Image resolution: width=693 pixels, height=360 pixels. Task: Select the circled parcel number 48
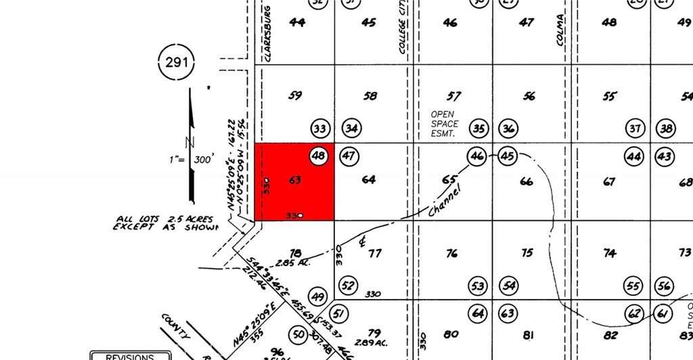coord(319,156)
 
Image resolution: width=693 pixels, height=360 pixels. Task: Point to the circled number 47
coord(349,156)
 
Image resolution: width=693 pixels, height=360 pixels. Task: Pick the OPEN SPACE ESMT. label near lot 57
coord(445,124)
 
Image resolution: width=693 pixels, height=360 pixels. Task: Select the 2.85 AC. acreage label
coord(292,262)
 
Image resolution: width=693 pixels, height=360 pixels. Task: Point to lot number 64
coord(368,180)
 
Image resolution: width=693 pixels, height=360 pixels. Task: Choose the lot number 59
coord(295,96)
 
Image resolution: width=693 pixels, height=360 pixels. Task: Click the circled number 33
coord(320,128)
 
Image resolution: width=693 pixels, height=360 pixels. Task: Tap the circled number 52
coord(349,286)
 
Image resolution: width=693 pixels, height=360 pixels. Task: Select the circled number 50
coord(298,334)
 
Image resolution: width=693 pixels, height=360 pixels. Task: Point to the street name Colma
coord(560,30)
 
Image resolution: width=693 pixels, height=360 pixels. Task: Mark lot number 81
coord(529,334)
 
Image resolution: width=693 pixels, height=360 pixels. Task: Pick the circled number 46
coord(477,156)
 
